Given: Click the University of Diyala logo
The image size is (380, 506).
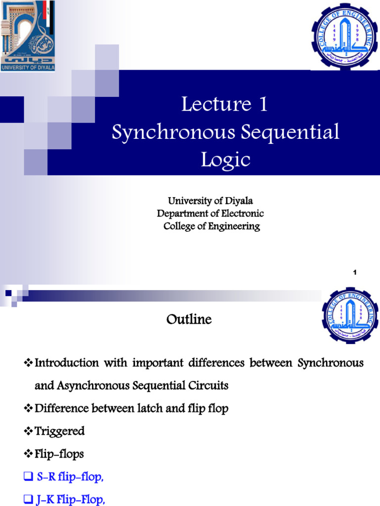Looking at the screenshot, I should coord(28,36).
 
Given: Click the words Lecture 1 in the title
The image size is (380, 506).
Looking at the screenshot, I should coord(225,104).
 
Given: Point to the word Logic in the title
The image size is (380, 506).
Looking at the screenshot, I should coord(225,160).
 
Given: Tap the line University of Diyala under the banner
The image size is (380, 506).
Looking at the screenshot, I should coord(210,201).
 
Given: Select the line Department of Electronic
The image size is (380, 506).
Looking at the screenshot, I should coord(210,213).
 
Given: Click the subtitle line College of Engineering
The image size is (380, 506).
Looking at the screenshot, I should coord(211,226).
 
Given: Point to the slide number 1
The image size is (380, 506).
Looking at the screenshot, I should coord(355,273).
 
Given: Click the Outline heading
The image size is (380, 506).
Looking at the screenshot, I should coord(189,320).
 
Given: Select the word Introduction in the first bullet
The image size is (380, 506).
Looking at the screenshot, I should coord(67,363).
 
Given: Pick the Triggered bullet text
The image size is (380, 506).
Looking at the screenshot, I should coord(59,431).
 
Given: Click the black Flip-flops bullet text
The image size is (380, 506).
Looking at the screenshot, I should coord(59,454).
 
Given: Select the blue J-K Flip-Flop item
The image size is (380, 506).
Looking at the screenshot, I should coord(71,500).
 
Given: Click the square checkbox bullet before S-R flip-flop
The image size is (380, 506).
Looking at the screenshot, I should coord(28,478).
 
